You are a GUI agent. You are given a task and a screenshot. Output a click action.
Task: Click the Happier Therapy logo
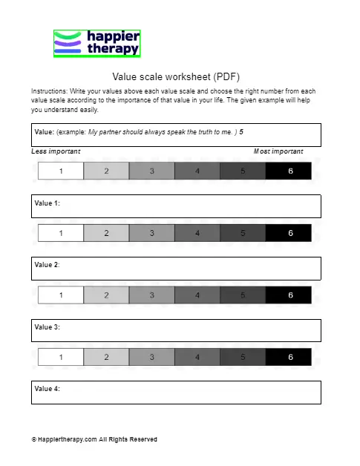[x=96, y=43]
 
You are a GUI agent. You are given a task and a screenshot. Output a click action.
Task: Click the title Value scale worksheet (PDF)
[x=176, y=76]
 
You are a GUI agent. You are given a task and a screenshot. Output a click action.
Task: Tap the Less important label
[x=56, y=151]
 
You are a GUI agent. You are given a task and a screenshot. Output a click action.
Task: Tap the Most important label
[x=278, y=151]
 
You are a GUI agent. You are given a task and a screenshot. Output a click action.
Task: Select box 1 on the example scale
[x=61, y=171]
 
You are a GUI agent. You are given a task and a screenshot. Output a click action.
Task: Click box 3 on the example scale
[x=151, y=171]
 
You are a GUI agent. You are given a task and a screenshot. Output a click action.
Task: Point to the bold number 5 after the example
[x=241, y=131]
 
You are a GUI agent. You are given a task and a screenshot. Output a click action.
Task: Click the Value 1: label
[x=47, y=203]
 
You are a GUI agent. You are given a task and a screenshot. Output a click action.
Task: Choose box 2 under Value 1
[x=106, y=233]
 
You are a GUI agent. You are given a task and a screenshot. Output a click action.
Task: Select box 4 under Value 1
[x=197, y=233]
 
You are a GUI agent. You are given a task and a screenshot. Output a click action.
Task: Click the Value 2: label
[x=47, y=264]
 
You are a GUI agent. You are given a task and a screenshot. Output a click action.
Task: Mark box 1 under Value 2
[x=61, y=295]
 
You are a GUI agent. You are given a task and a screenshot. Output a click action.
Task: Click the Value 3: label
[x=47, y=326]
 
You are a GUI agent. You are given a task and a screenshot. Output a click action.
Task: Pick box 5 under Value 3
[x=243, y=357]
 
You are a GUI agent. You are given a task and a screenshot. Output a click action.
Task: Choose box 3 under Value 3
[x=151, y=357]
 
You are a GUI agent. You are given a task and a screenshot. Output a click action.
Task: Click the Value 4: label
[x=47, y=388]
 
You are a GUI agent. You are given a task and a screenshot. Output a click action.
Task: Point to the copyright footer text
[x=94, y=439]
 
